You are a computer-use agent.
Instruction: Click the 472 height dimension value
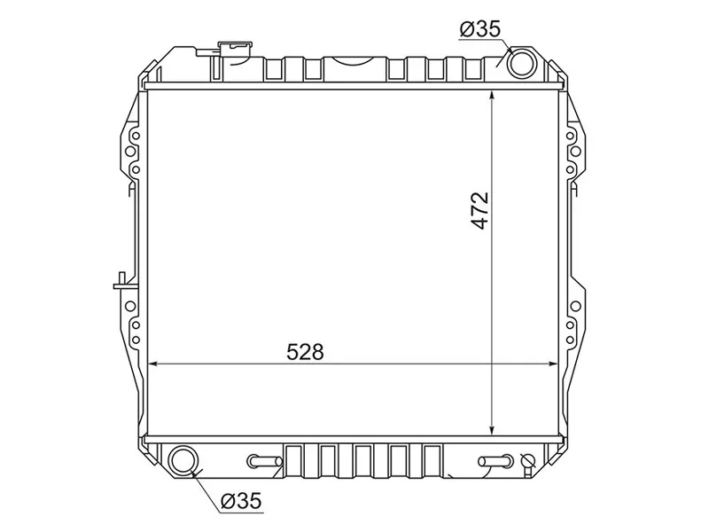click(480, 211)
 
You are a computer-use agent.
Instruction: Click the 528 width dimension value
click(305, 352)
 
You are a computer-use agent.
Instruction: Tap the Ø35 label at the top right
click(480, 30)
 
